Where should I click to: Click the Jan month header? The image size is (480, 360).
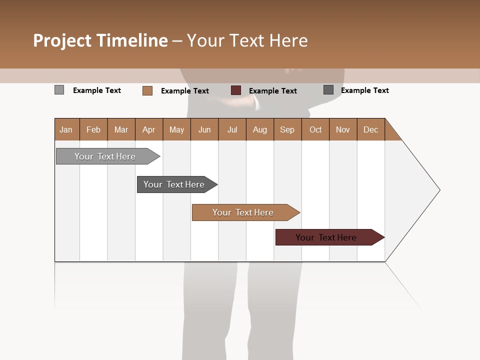click(66, 129)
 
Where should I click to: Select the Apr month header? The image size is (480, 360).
click(148, 129)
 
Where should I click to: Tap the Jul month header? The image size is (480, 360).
click(232, 129)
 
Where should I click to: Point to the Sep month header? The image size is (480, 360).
click(287, 129)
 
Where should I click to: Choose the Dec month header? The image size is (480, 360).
click(370, 129)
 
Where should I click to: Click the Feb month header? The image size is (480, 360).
click(93, 129)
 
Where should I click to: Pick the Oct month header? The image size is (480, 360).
click(315, 129)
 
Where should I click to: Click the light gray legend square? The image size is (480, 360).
click(59, 90)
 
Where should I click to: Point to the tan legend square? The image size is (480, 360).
click(147, 90)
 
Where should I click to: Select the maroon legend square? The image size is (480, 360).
click(236, 90)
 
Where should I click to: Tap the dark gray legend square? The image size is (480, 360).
click(328, 90)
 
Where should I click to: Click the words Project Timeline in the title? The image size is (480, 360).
click(100, 40)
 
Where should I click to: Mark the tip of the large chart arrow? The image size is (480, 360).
click(439, 190)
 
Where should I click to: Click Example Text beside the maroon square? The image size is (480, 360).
click(273, 91)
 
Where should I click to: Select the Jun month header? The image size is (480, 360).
click(204, 129)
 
